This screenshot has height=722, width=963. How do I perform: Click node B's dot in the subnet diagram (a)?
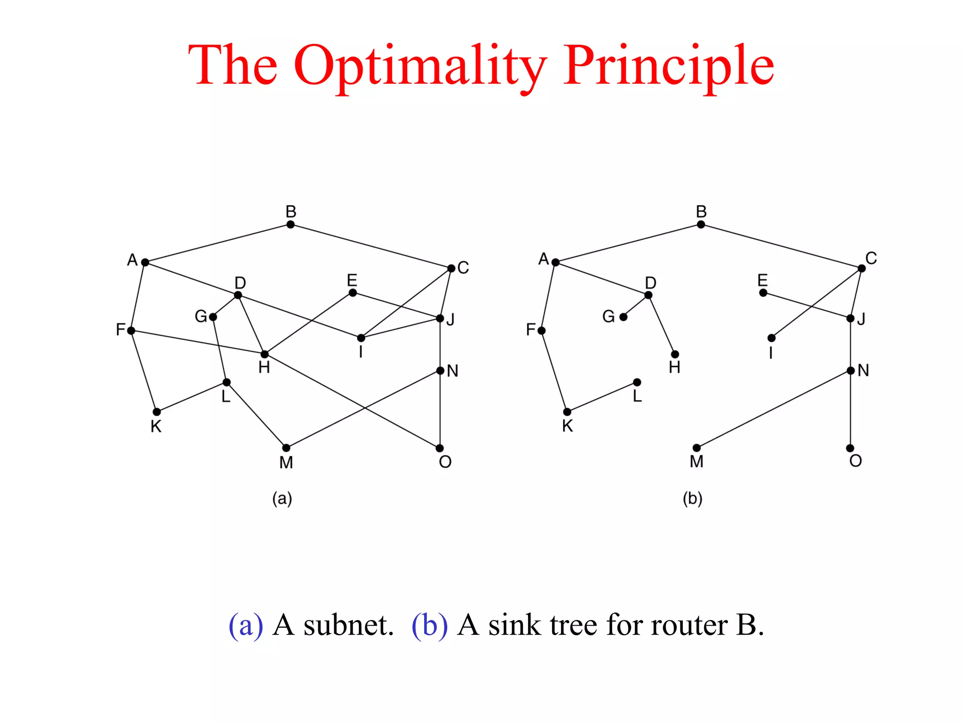(x=291, y=225)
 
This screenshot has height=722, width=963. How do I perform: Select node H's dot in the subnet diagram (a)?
(x=265, y=354)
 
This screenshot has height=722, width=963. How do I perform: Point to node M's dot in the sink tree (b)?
(x=697, y=448)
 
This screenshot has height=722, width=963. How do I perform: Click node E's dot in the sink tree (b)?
(x=763, y=293)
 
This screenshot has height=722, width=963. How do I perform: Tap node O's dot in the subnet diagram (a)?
(x=440, y=448)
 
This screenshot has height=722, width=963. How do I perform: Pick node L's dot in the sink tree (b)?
(x=637, y=382)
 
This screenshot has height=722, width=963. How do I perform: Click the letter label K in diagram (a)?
(x=156, y=426)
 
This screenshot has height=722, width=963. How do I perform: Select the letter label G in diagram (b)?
(x=608, y=316)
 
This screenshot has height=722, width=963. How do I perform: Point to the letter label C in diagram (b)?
(x=871, y=258)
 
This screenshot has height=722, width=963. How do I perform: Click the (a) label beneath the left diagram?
(x=282, y=498)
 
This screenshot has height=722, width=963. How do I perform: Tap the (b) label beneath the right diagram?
(x=693, y=498)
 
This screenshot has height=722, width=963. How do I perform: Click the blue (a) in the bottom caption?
(x=245, y=626)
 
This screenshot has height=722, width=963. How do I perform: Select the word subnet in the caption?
(x=348, y=626)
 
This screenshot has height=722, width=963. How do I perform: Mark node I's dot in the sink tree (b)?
(x=772, y=338)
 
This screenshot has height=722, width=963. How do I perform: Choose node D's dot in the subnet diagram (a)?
(x=238, y=295)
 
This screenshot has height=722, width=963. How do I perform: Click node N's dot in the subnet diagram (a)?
(x=440, y=371)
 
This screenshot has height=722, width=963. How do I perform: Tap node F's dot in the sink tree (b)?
(x=542, y=331)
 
